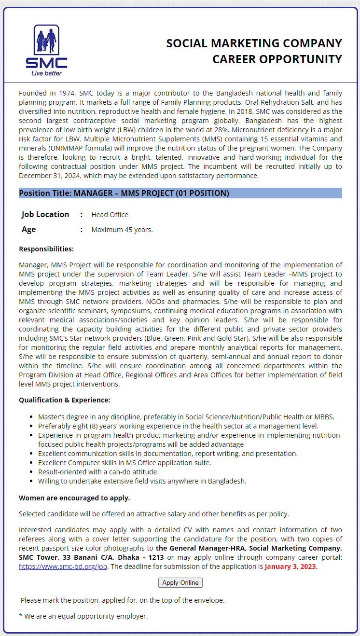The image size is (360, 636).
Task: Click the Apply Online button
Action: (180, 582)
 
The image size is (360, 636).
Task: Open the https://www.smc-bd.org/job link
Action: (63, 567)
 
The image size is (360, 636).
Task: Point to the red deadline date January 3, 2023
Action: (291, 567)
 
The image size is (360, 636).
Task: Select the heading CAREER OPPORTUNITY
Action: (277, 59)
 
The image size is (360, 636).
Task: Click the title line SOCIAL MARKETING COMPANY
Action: (254, 43)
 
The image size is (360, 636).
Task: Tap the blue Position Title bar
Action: (180, 193)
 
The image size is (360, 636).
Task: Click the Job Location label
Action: (45, 214)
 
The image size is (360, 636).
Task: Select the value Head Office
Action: (110, 215)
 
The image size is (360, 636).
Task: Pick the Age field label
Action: (29, 229)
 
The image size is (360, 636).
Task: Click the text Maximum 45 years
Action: (122, 230)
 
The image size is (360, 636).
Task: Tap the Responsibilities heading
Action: (46, 249)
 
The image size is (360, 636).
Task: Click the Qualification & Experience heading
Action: (64, 400)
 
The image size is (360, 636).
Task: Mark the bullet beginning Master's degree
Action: (186, 417)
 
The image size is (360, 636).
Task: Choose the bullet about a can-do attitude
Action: (98, 472)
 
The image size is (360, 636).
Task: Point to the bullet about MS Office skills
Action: (125, 463)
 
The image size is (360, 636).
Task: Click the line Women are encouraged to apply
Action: (74, 498)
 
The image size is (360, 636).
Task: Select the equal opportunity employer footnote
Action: (83, 616)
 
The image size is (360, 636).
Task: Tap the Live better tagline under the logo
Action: (46, 73)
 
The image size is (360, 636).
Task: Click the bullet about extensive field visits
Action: (142, 481)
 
